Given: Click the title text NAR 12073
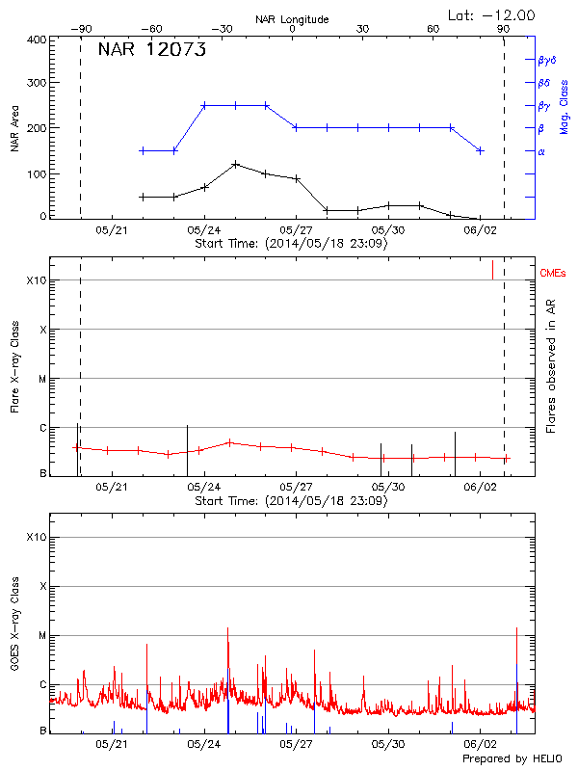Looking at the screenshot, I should point(152,51).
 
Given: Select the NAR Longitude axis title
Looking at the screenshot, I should point(292,19).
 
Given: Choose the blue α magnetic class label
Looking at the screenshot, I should point(540,151).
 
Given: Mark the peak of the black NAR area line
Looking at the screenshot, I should point(235,164).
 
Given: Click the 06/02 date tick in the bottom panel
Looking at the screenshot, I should point(480,744).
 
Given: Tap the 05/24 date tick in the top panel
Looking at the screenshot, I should point(203,230).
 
